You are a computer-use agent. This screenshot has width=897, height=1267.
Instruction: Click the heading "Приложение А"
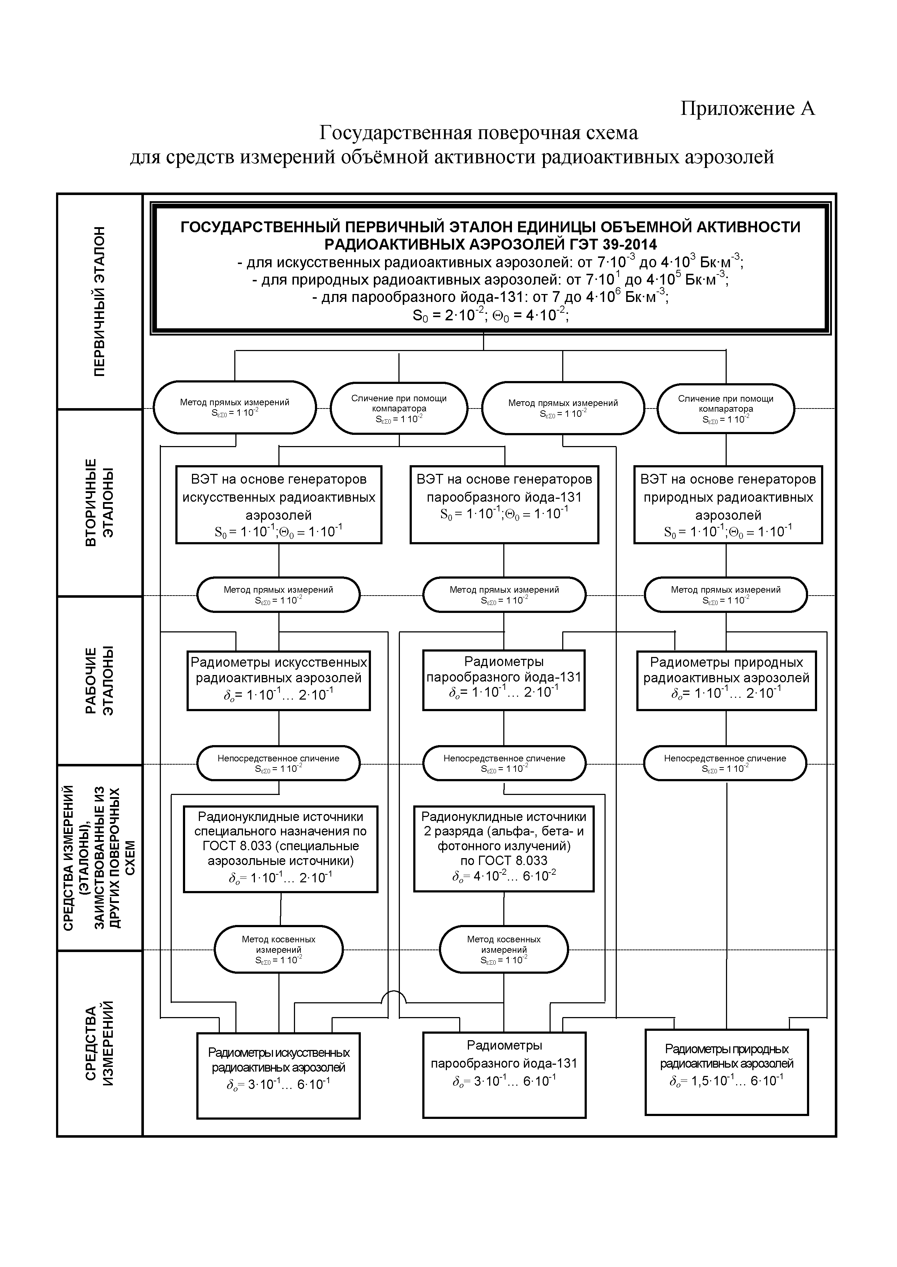coord(747,108)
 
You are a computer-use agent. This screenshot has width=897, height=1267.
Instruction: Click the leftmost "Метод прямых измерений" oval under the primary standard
coord(235,408)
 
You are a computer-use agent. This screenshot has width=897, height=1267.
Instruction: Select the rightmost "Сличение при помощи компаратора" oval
coord(726,408)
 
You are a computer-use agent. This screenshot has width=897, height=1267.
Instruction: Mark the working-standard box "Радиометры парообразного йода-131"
coord(504,680)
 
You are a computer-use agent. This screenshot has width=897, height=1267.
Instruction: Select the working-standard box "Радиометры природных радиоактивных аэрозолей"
coord(726,680)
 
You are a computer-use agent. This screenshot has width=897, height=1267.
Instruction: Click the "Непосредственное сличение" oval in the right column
coord(725,763)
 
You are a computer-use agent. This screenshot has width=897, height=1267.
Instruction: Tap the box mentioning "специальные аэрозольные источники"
coord(281,849)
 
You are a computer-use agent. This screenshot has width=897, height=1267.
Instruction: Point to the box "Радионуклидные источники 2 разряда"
coord(504,849)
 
